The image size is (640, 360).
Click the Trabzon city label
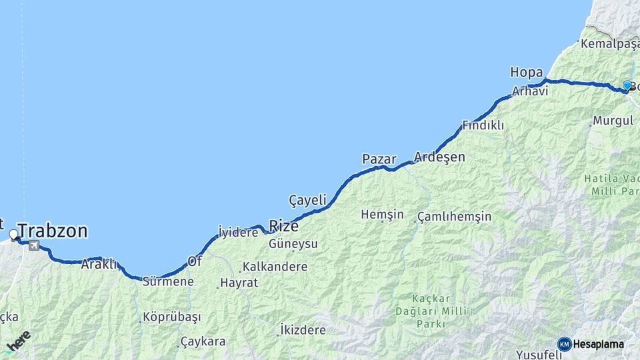point(53,231)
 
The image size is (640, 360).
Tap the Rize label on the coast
point(283,225)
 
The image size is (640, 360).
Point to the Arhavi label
point(530,91)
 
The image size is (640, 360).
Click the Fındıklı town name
point(483,125)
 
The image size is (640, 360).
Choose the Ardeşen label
point(439,157)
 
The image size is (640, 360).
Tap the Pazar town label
point(379,159)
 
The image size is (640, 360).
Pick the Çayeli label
point(307,200)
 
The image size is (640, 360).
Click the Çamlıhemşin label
point(455,217)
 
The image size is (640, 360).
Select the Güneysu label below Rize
point(293,244)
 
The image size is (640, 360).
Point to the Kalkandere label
point(275,267)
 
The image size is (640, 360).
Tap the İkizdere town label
point(303,330)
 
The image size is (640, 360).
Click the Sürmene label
point(168,281)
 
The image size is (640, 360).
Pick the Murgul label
point(612,121)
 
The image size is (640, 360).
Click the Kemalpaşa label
point(610,44)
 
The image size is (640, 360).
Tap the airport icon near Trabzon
point(34,246)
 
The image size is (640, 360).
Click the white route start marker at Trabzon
point(13,235)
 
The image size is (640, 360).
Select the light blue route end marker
point(627,85)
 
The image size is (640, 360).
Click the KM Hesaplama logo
point(591,344)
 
